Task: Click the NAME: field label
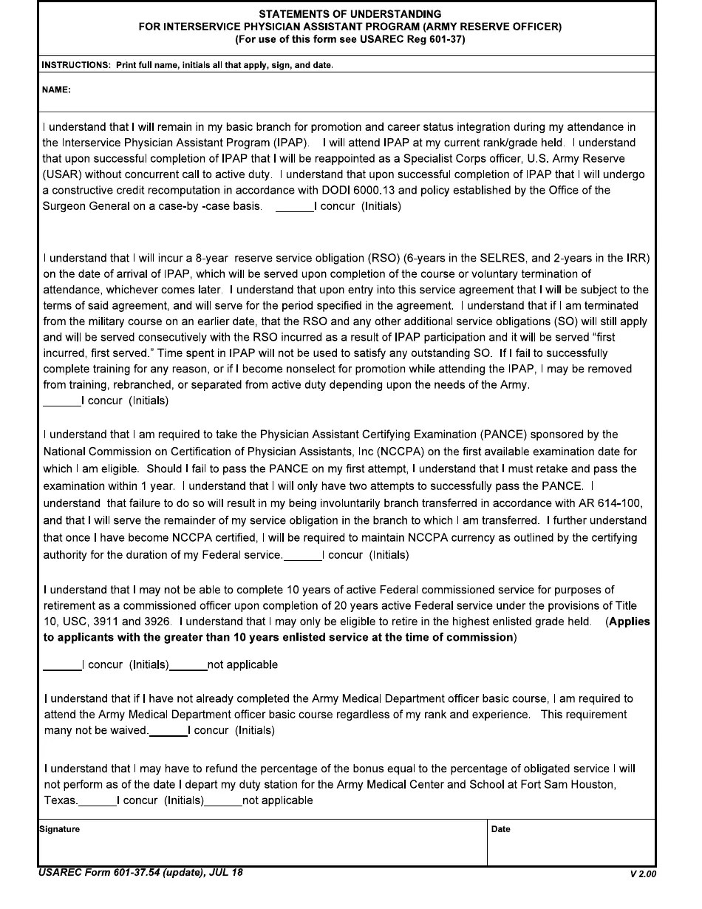[56, 90]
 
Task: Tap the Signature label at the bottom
[59, 829]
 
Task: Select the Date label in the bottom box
[500, 829]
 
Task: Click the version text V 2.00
[641, 874]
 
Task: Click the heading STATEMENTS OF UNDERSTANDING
[350, 14]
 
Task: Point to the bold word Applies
[629, 622]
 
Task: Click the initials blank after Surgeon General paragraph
[293, 207]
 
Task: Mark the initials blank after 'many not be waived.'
[168, 731]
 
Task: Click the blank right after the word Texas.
[98, 801]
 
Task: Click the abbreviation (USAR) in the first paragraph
[61, 174]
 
